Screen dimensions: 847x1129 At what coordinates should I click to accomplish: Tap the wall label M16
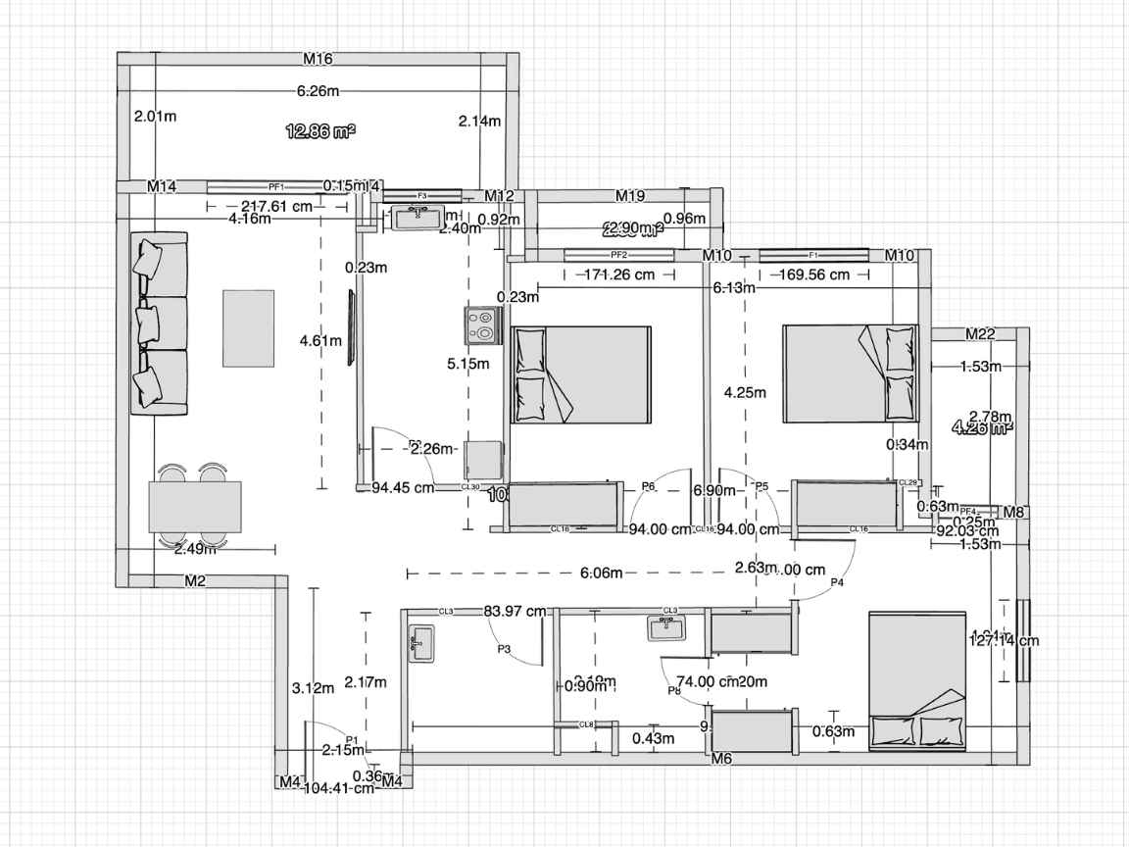click(318, 59)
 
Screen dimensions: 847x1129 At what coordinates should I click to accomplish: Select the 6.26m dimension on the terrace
click(318, 91)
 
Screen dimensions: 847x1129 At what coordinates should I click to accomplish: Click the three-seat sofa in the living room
click(157, 323)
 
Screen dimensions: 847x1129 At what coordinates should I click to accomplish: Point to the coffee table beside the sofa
click(249, 327)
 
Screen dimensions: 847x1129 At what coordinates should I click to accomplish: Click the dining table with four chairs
click(194, 506)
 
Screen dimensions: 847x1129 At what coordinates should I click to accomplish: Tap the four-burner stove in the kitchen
click(483, 324)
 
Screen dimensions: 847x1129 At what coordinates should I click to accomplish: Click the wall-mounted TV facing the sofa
click(349, 327)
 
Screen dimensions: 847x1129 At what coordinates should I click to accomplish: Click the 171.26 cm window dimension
click(618, 274)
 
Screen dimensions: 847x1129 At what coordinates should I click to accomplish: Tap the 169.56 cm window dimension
click(813, 274)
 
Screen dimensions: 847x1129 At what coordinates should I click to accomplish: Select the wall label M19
click(629, 195)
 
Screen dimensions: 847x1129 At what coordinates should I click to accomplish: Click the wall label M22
click(980, 334)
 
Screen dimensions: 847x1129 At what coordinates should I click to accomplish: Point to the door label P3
click(504, 648)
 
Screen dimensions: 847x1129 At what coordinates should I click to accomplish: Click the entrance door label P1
click(353, 739)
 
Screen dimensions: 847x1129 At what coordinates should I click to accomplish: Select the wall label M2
click(195, 581)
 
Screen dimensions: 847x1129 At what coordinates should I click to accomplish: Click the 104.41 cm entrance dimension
click(339, 787)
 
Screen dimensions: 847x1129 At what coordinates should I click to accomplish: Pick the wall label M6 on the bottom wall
click(721, 758)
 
